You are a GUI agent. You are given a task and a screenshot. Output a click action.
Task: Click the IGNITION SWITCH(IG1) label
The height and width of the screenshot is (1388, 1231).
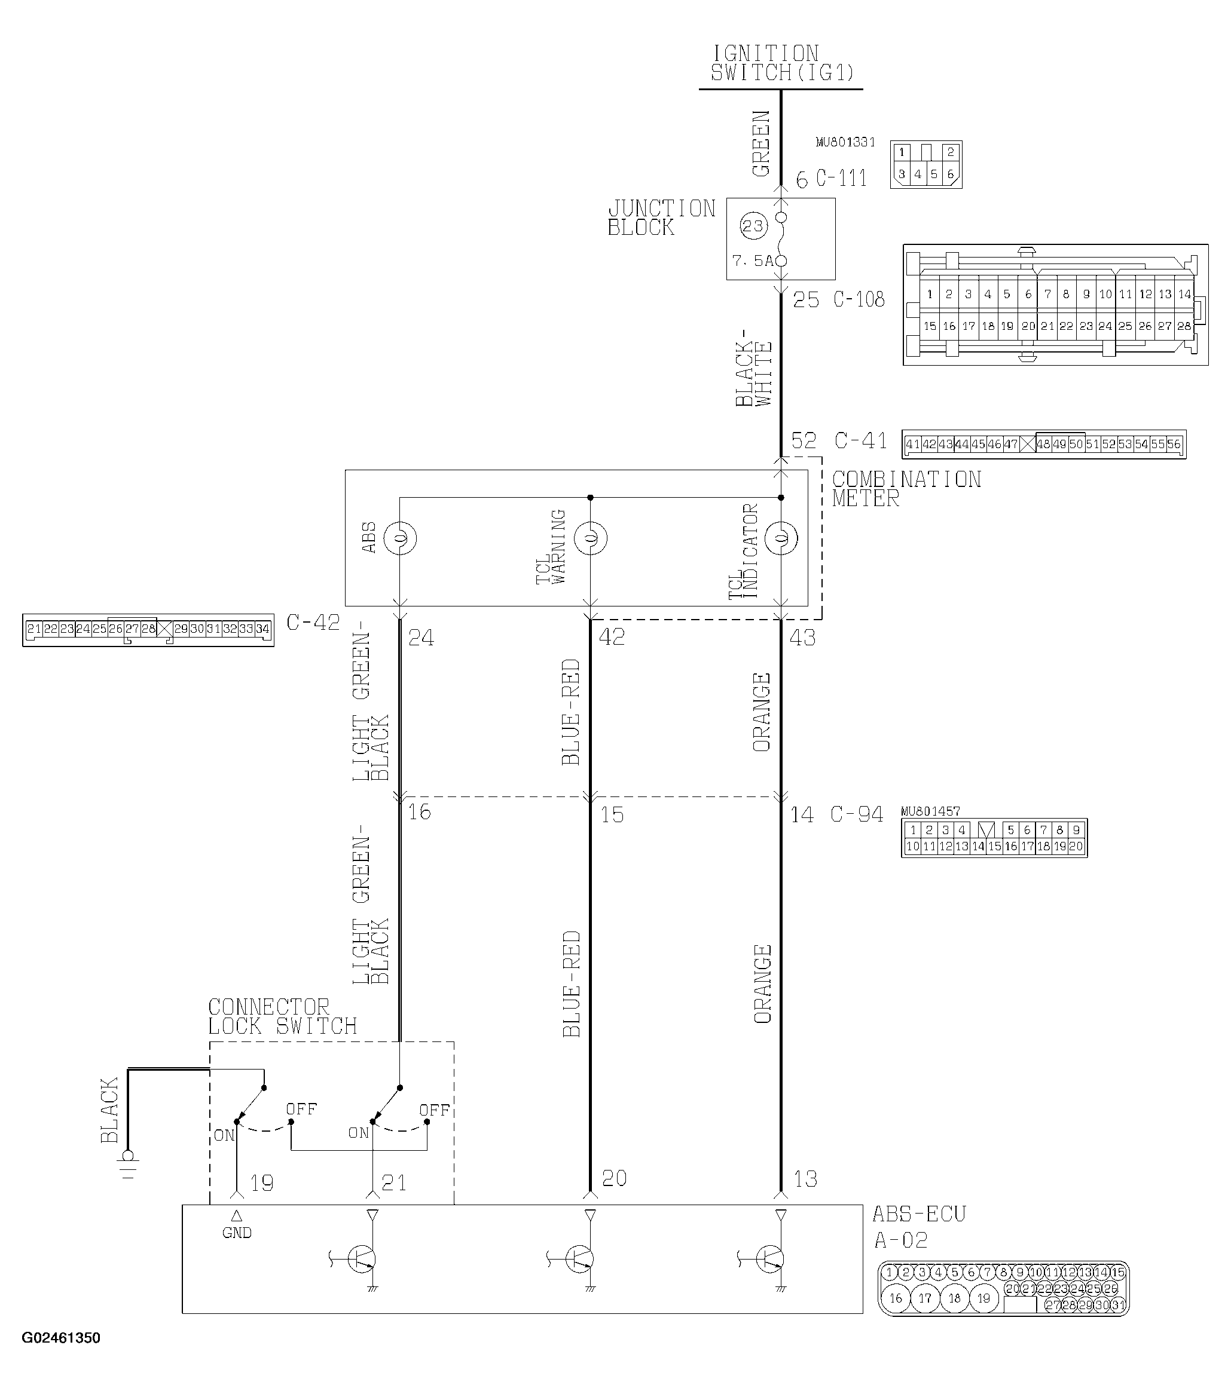781,63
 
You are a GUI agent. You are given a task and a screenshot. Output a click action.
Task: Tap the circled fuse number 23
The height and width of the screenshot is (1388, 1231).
753,226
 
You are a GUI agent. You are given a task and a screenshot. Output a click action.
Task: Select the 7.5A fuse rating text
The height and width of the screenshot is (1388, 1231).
752,261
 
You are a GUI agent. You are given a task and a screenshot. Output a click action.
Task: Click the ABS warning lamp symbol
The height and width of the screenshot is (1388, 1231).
399,538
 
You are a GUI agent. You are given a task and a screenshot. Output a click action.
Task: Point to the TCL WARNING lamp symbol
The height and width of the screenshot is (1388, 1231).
590,538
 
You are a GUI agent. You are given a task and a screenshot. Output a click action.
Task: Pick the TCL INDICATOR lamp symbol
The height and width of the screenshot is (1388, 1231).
781,538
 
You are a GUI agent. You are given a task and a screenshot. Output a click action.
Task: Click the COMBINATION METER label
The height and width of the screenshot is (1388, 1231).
906,489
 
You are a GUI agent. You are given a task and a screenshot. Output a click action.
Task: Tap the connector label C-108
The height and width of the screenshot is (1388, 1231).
859,299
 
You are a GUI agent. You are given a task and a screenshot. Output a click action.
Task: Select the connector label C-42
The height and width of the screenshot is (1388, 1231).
313,623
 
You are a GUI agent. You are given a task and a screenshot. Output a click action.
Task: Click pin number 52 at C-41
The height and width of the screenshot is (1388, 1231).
804,441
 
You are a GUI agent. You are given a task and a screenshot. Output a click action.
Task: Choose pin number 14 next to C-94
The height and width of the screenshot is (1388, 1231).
802,815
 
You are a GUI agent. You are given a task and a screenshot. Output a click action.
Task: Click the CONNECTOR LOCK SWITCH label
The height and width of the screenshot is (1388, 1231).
282,1016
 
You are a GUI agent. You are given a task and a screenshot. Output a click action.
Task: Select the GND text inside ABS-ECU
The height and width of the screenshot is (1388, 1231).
236,1233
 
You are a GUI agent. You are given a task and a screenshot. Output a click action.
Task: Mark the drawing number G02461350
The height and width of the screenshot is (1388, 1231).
61,1338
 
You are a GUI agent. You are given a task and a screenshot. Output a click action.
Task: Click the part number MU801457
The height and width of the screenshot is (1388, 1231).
930,811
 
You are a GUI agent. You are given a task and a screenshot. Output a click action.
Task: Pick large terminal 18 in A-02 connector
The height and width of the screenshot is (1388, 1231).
955,1298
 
